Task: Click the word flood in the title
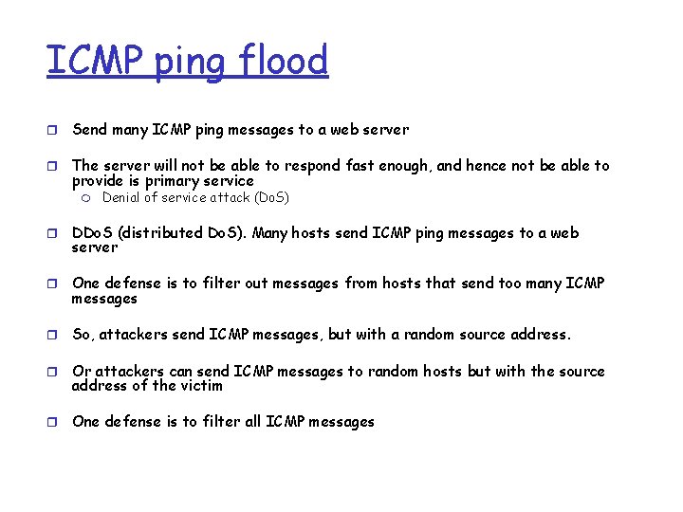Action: [x=284, y=61]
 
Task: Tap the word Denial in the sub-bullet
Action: [x=121, y=197]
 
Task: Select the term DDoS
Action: [x=92, y=233]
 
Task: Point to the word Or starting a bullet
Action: [x=82, y=372]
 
